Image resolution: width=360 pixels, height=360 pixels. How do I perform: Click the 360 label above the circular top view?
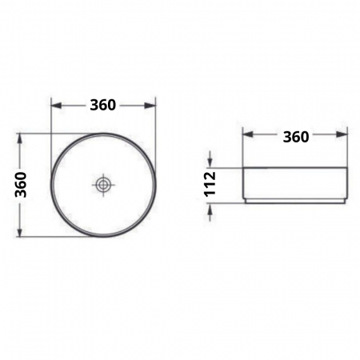coord(103,105)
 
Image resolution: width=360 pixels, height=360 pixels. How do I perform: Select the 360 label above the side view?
coord(295,136)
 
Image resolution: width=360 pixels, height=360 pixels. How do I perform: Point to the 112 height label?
coord(210,185)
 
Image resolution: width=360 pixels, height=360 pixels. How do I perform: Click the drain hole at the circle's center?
coord(104,186)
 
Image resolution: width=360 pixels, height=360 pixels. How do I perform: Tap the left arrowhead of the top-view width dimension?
coord(55,105)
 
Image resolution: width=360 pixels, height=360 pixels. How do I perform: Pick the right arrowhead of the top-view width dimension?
coord(151,105)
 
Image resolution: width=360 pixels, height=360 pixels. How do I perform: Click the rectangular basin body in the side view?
coord(295,183)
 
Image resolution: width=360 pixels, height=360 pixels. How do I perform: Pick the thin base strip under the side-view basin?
coord(295,201)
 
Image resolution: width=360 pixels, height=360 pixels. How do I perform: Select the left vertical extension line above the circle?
coord(51,120)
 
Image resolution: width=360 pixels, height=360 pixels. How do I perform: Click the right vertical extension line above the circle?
coord(156,120)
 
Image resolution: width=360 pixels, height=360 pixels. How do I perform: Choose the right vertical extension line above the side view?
coord(348,148)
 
